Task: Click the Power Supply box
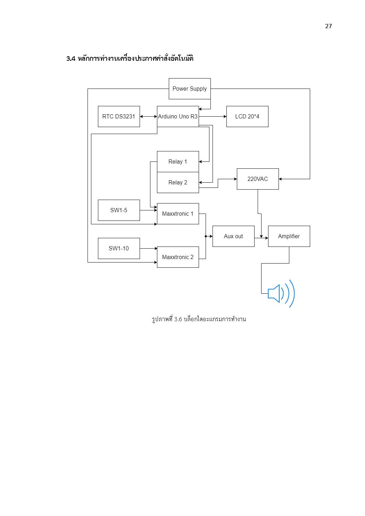click(190, 89)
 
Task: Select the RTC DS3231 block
click(119, 116)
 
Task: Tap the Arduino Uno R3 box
click(178, 116)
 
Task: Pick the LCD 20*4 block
click(247, 116)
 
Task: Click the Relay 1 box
click(178, 161)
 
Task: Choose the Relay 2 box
click(178, 182)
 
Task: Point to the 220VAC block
click(258, 179)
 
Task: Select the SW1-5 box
click(119, 210)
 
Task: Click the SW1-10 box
click(119, 248)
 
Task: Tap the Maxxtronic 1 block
click(178, 214)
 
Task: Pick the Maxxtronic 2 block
click(178, 257)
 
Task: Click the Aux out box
click(233, 236)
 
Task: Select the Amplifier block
click(289, 236)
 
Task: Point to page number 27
click(329, 26)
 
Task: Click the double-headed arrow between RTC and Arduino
click(148, 117)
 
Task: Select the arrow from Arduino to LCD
click(213, 117)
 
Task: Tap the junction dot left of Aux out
click(206, 236)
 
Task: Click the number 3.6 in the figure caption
click(178, 319)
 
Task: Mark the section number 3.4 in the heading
click(71, 59)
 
